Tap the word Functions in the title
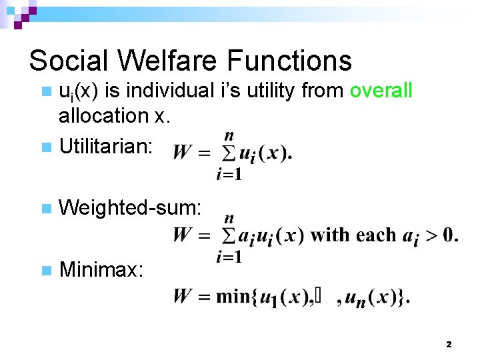[x=289, y=61]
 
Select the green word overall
[x=381, y=91]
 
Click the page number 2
[x=448, y=345]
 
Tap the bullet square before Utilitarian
[x=45, y=147]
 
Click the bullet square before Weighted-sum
[x=45, y=209]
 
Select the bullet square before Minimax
[x=45, y=270]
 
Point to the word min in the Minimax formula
[x=233, y=296]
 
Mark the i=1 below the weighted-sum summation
[x=229, y=257]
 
